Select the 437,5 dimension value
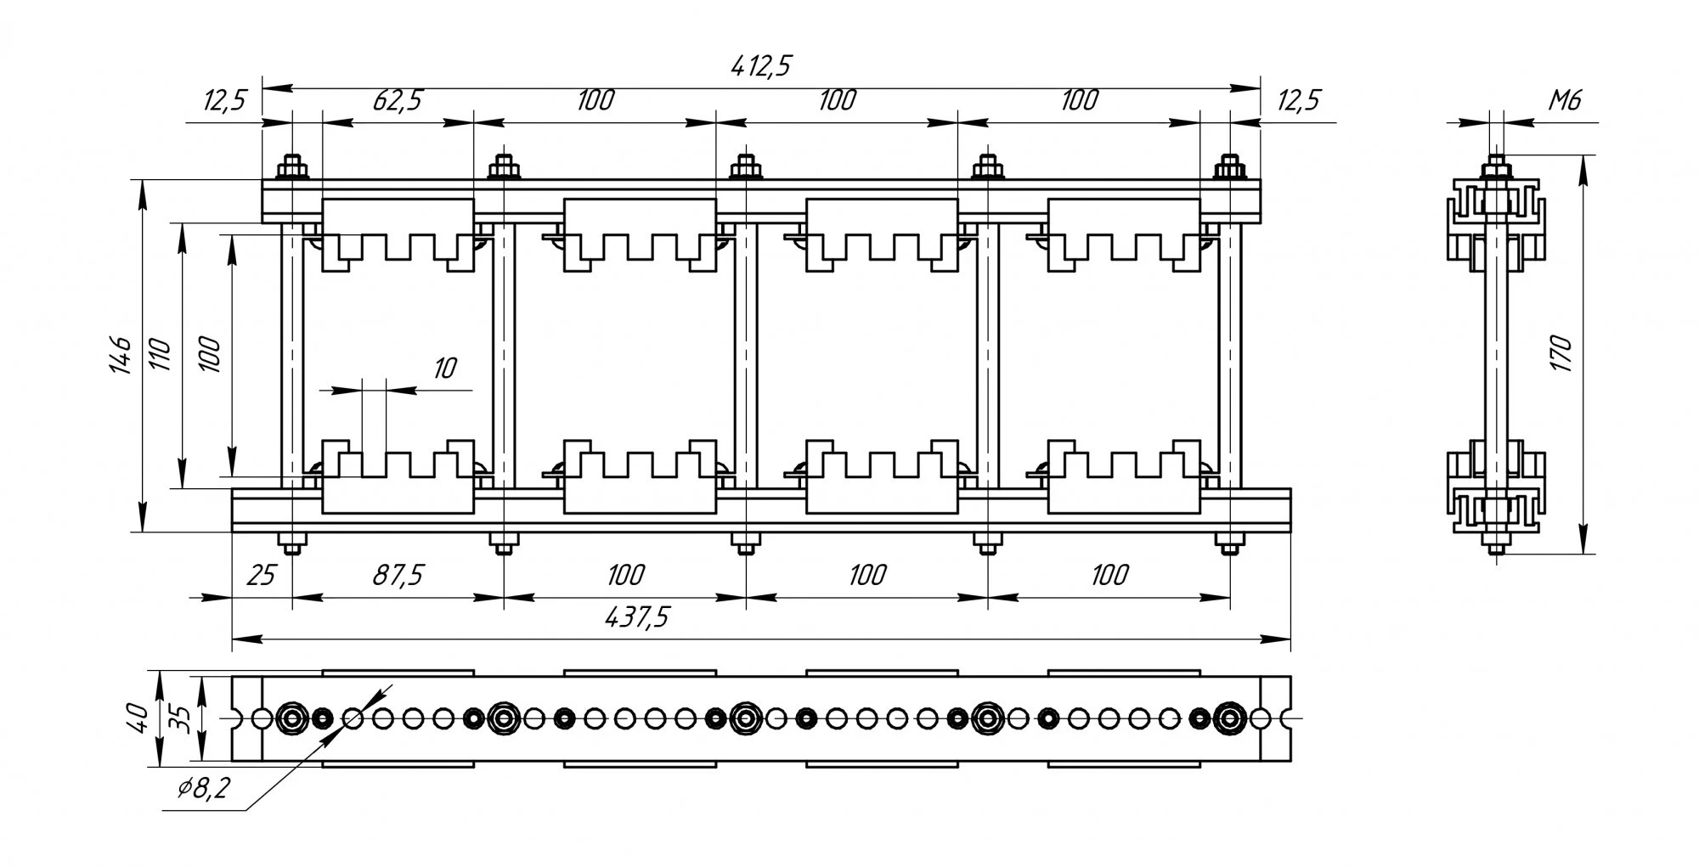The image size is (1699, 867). [x=636, y=617]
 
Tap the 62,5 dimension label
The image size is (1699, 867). [x=397, y=100]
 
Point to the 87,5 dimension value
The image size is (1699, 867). [x=398, y=575]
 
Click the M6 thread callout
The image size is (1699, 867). [x=1564, y=101]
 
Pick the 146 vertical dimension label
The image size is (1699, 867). [x=120, y=354]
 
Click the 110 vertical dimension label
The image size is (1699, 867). [x=161, y=354]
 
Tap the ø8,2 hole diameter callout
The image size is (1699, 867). [x=204, y=790]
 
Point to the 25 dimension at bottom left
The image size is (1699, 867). [x=262, y=575]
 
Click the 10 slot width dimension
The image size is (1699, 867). [x=444, y=369]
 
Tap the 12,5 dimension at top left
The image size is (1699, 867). [x=224, y=100]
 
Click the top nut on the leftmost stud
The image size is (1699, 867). [x=292, y=167]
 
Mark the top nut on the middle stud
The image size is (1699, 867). [x=746, y=167]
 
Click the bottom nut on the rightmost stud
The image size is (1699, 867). [x=1228, y=541]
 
